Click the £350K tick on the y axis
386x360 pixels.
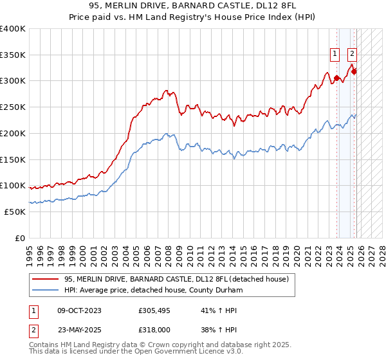click(x=12, y=55)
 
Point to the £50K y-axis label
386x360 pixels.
click(x=14, y=212)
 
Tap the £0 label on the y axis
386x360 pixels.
click(x=19, y=238)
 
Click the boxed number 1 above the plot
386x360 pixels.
click(x=336, y=54)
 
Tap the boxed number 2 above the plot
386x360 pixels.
click(x=353, y=54)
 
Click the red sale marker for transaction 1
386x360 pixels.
click(x=336, y=78)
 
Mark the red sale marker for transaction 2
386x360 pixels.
click(x=354, y=71)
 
